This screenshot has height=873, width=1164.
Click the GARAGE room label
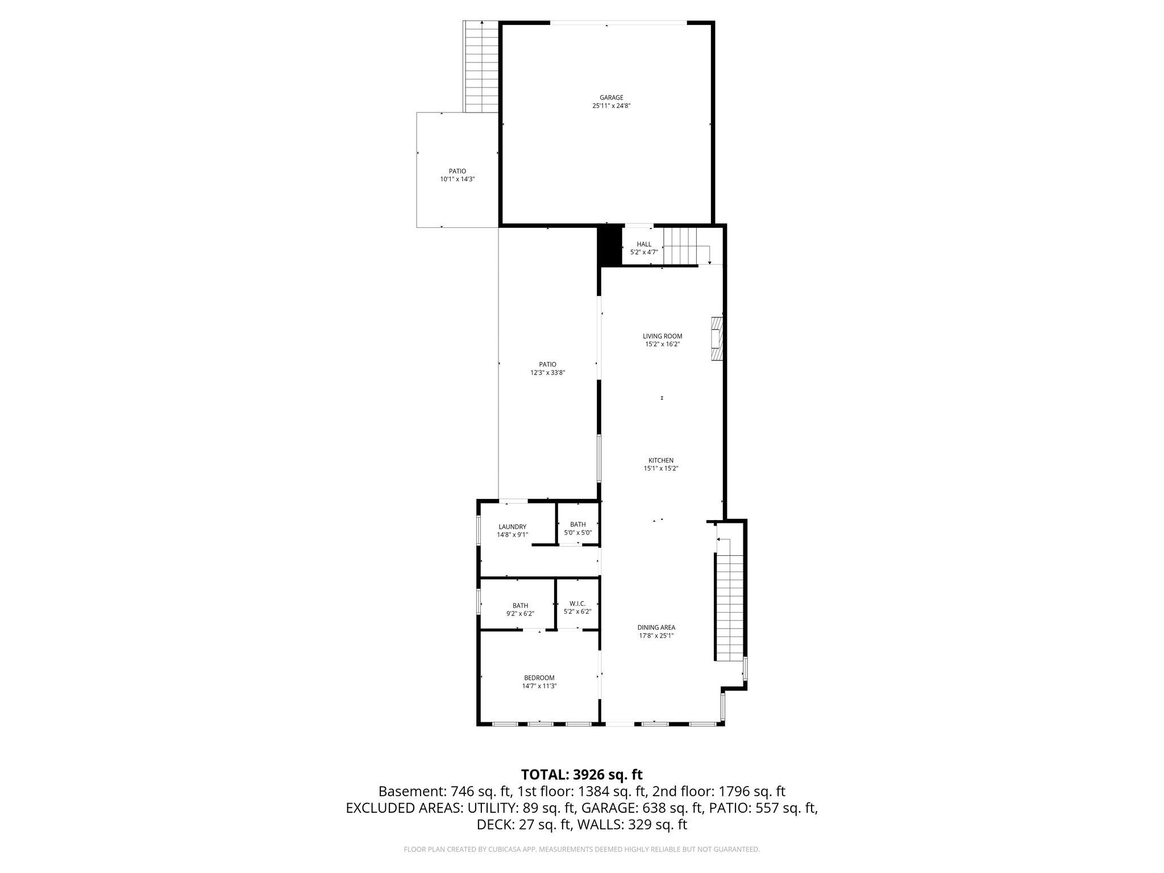[x=611, y=98]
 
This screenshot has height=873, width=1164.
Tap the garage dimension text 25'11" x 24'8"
[x=611, y=106]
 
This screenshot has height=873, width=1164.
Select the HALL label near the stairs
[x=644, y=244]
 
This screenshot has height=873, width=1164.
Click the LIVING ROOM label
[x=663, y=336]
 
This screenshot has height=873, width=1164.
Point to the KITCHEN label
[x=661, y=461]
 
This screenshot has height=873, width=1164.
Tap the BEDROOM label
[x=539, y=678]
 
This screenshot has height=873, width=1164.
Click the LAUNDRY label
[x=513, y=527]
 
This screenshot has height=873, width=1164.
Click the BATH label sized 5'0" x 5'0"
[x=578, y=525]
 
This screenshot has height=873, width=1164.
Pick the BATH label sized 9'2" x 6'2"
[x=520, y=606]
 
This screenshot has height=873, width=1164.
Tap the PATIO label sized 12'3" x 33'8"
[x=547, y=365]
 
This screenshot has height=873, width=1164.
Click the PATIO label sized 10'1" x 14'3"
[x=457, y=171]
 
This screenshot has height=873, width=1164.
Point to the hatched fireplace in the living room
[x=717, y=338]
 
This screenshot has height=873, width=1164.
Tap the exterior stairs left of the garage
[x=482, y=66]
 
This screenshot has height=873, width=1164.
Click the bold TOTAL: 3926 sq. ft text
[x=582, y=775]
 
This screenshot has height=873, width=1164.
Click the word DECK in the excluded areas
[x=493, y=825]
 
